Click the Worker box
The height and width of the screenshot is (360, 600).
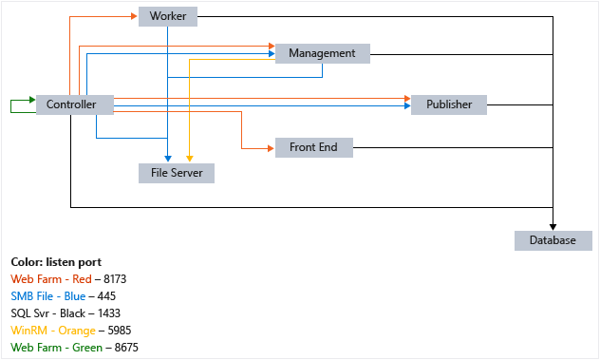[168, 16]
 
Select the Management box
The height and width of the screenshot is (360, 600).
[321, 53]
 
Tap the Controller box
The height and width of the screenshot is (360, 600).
[73, 104]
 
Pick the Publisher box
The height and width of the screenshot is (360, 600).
[448, 104]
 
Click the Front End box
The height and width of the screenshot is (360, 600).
[313, 147]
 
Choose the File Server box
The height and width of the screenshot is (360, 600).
[177, 173]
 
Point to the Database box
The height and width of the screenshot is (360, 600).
[553, 240]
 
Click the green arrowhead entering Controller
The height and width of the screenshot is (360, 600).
[30, 99]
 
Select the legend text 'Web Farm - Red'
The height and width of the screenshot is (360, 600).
[47, 279]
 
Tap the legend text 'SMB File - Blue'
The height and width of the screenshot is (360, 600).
[48, 296]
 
